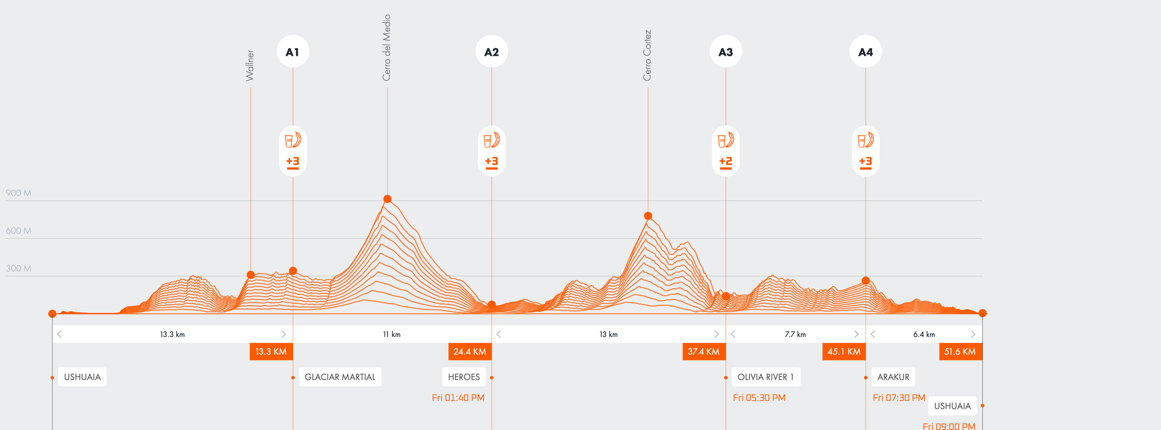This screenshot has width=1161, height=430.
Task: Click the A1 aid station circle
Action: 292,52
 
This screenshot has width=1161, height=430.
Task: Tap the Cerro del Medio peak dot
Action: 387,199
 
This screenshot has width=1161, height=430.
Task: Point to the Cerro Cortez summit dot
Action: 648,216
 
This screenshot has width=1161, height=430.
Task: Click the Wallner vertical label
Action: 250,66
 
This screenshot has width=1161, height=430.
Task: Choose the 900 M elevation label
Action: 18,193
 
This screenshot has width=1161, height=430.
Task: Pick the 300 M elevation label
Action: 18,269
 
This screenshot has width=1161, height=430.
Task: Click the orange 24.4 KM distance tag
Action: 470,352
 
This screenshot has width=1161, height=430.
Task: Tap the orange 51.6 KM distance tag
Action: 960,352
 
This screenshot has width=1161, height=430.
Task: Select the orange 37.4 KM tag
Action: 703,352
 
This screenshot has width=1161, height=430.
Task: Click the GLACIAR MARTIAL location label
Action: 340,377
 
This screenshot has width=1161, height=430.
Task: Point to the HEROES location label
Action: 464,377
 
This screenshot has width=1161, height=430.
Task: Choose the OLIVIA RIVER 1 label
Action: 765,377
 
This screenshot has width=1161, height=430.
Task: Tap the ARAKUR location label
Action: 893,377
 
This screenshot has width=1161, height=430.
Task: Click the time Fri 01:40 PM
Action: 458,398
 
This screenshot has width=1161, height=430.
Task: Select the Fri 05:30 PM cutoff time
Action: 759,398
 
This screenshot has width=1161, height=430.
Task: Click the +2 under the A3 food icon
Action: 726,161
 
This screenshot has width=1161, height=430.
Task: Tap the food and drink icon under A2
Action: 491,140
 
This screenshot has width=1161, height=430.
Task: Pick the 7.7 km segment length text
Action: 795,335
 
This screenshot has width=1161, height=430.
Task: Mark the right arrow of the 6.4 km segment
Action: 973,335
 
